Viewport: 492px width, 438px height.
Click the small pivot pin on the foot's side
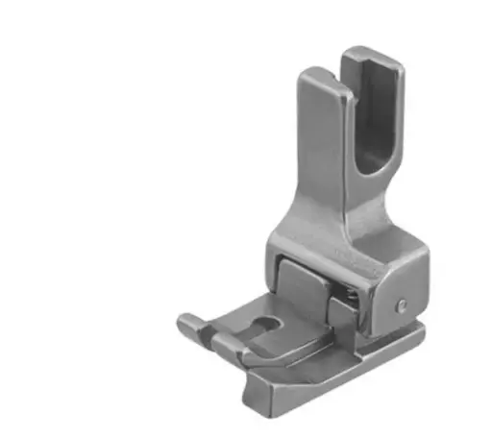(401, 305)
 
